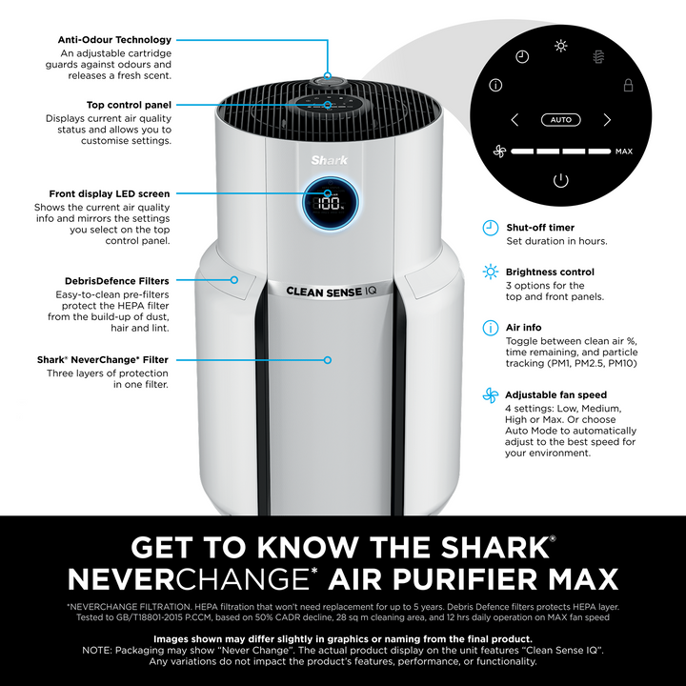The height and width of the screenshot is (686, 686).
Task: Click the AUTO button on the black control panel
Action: (x=560, y=120)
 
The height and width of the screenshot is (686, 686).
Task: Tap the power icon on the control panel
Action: (x=560, y=180)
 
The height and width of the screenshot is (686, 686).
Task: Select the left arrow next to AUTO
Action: (x=514, y=120)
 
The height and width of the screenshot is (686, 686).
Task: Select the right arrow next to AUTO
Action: (x=607, y=120)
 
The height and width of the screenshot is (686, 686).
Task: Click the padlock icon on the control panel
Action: (x=628, y=85)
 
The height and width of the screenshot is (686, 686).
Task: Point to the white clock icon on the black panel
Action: (x=522, y=56)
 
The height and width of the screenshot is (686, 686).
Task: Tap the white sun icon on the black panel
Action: (x=560, y=46)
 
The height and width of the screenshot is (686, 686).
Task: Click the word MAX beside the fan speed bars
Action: (x=624, y=151)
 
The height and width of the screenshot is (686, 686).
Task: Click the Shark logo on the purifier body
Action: (x=329, y=161)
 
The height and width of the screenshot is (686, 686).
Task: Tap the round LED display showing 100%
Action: (x=331, y=203)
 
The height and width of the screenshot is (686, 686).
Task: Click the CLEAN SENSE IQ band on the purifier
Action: (x=332, y=292)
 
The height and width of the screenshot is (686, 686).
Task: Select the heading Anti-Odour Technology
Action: (x=114, y=40)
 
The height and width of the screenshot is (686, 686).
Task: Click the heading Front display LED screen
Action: (x=110, y=193)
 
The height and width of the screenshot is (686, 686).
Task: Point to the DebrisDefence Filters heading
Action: (x=117, y=281)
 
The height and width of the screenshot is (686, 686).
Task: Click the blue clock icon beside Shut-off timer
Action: (x=491, y=228)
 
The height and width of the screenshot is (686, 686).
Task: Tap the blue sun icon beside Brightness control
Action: (x=491, y=272)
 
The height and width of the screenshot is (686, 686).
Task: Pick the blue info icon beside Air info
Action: (x=491, y=328)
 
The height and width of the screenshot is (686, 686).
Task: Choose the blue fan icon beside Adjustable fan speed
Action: (x=491, y=395)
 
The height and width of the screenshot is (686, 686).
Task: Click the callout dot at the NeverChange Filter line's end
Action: (x=328, y=360)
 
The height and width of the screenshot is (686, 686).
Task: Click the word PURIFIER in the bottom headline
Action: (x=465, y=579)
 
